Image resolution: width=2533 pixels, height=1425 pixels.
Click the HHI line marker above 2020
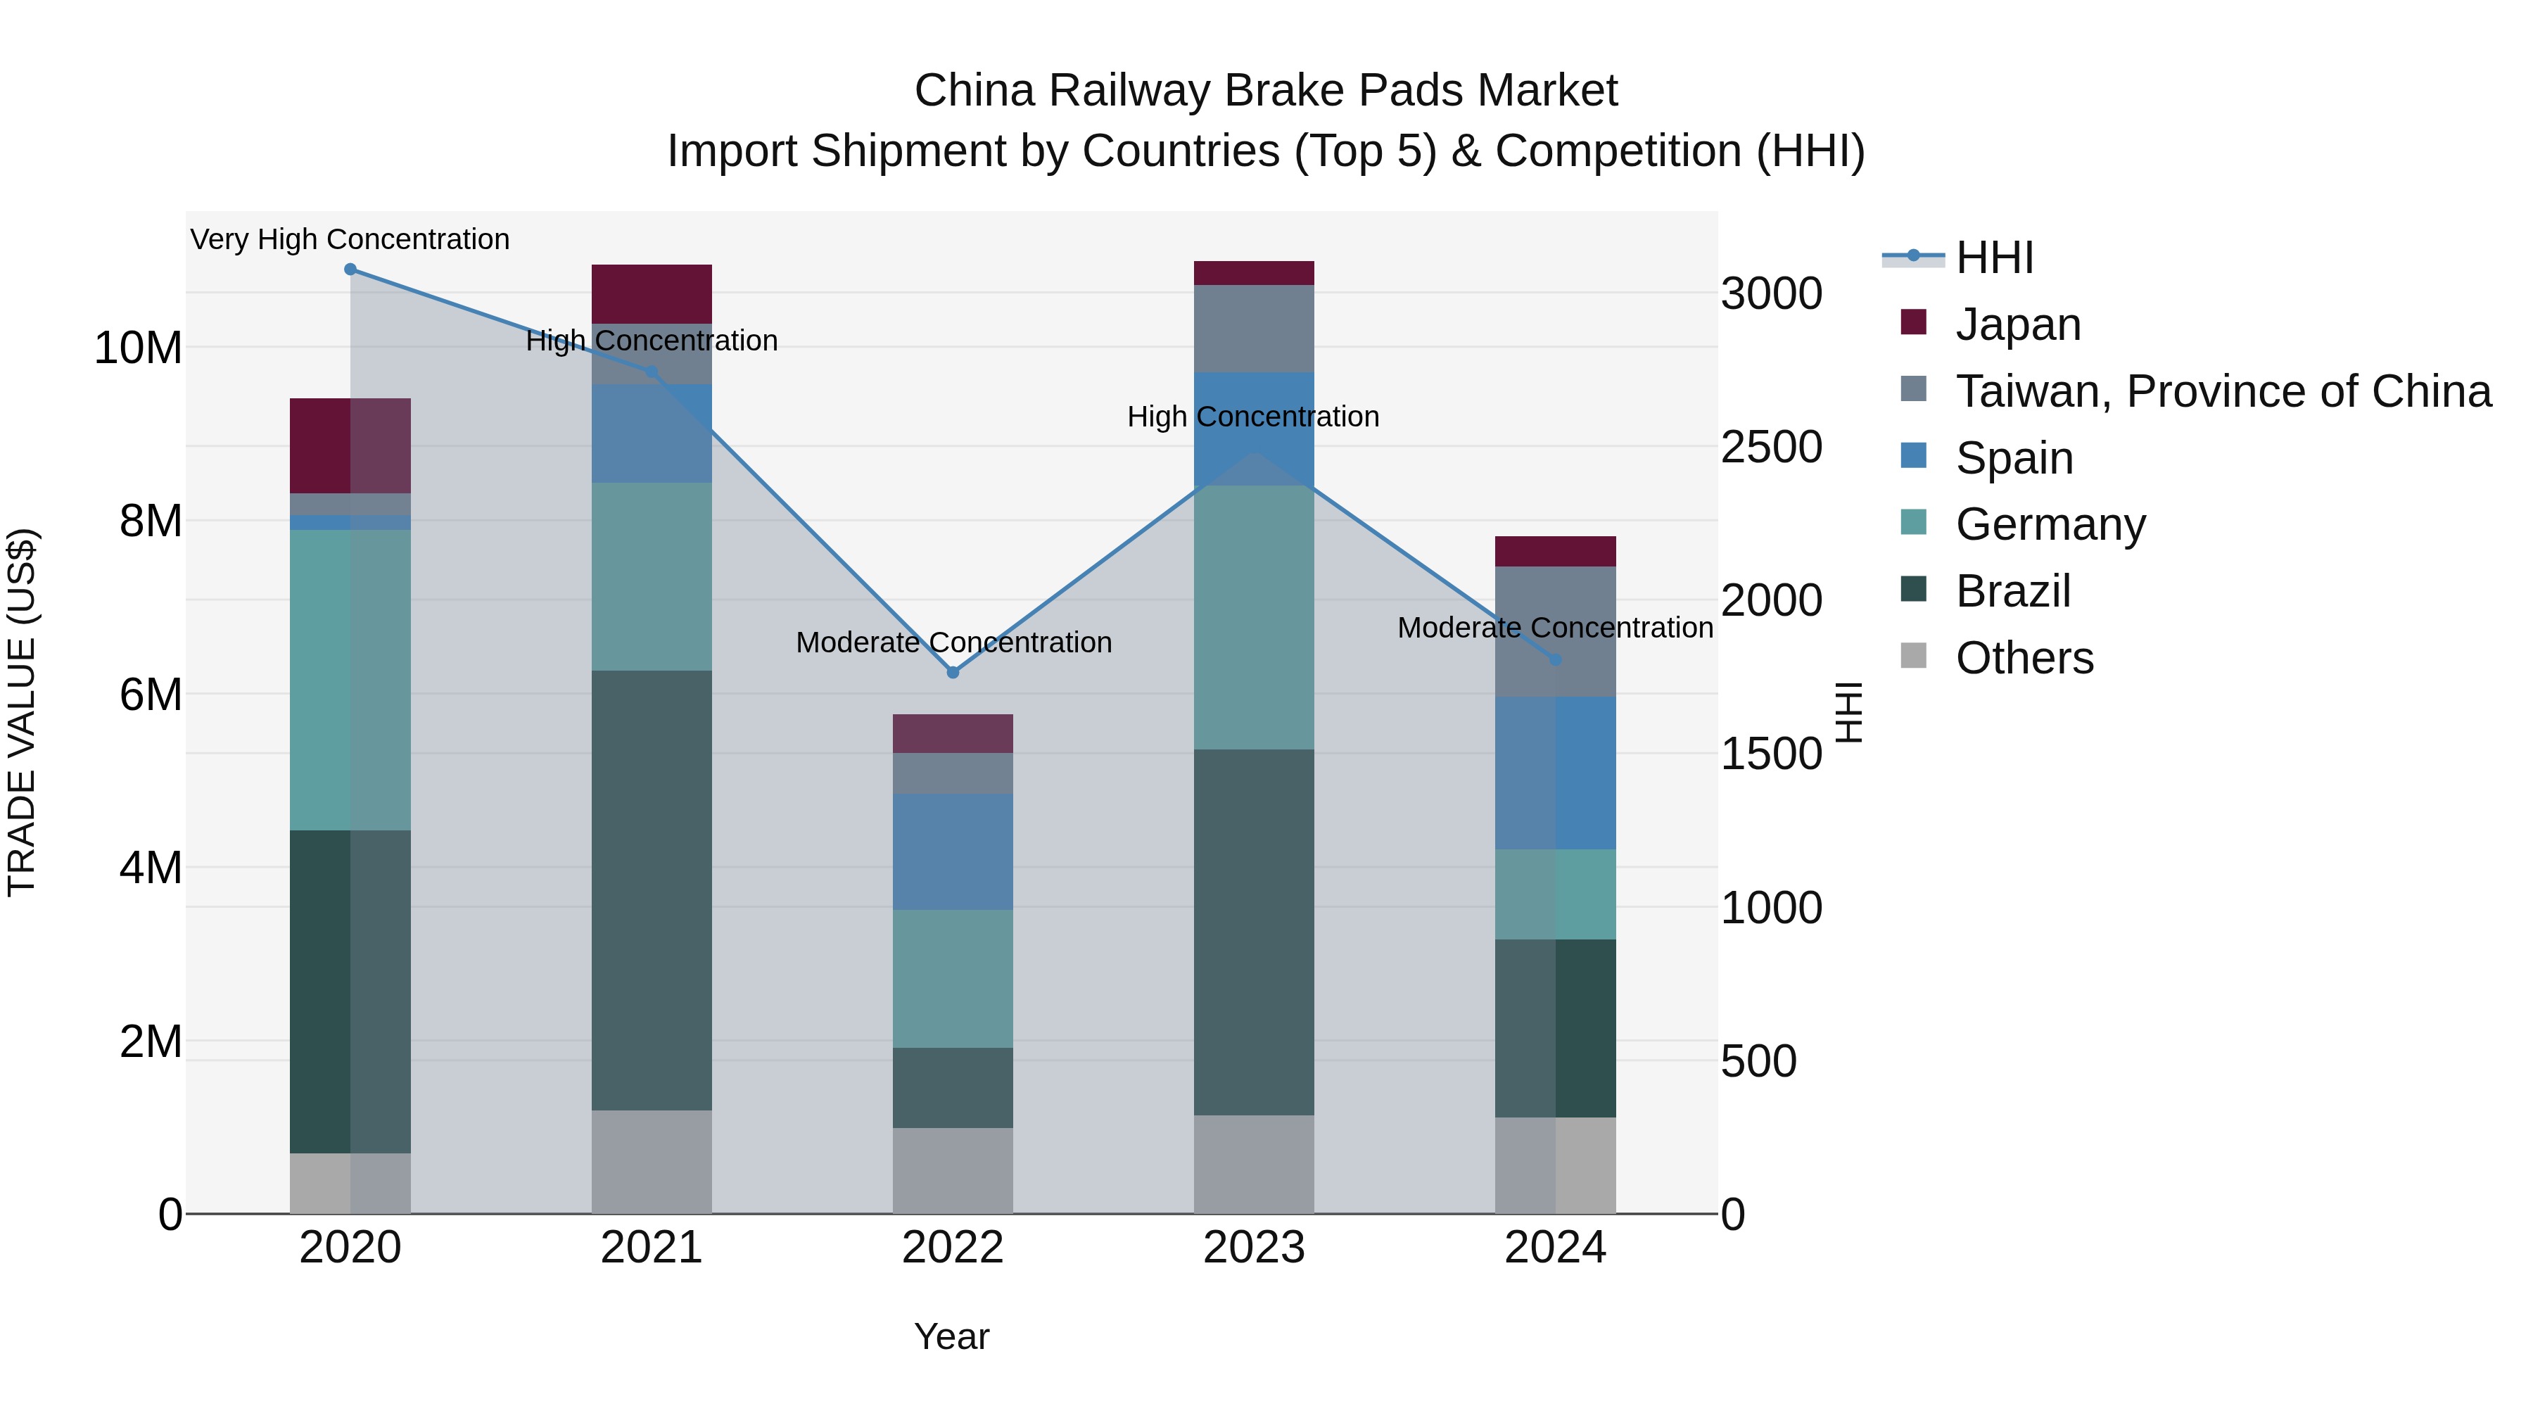pos(350,270)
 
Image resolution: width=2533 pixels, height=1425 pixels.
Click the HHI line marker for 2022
pos(952,673)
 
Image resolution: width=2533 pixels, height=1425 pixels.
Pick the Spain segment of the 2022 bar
pos(952,851)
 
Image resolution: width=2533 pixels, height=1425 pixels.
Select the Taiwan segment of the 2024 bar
pos(1554,631)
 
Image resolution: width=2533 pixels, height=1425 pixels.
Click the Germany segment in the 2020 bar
pos(350,680)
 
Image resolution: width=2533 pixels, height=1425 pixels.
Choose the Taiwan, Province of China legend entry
pos(2222,391)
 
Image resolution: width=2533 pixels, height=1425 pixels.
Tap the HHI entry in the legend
pos(1993,258)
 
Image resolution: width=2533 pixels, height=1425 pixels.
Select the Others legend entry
pos(2024,658)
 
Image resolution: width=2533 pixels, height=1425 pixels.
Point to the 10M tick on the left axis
pos(138,348)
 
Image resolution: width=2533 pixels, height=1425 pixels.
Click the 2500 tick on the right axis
pos(1771,448)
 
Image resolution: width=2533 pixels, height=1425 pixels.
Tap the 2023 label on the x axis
pos(1254,1248)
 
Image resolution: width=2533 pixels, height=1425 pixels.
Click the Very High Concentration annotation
pos(350,239)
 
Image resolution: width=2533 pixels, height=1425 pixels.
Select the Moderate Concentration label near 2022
pos(953,642)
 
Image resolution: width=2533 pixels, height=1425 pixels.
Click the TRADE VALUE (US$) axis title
pos(22,712)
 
